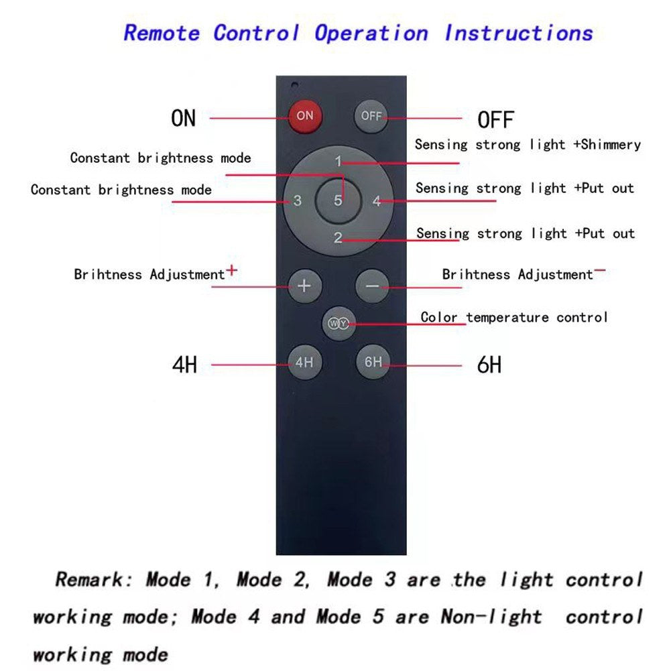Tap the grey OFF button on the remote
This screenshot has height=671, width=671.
[371, 116]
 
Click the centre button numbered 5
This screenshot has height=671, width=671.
[339, 200]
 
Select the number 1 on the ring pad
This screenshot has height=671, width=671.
[339, 162]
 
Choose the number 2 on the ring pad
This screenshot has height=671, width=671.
[338, 237]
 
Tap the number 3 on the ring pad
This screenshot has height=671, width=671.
[298, 200]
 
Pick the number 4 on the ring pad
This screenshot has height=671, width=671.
[377, 200]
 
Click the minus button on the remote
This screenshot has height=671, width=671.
[373, 286]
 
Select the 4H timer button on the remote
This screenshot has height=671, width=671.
[304, 363]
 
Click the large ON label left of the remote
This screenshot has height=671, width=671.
[184, 118]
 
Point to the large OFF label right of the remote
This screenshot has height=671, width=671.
[495, 120]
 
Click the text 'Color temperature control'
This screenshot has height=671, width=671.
[514, 316]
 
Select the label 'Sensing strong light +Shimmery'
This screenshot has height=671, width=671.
[528, 144]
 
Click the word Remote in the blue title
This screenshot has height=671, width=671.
[162, 32]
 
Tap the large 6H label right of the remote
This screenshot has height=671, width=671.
[489, 365]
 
